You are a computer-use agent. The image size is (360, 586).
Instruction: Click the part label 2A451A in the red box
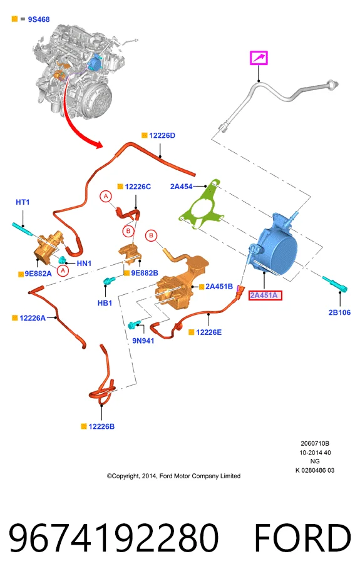click(x=265, y=296)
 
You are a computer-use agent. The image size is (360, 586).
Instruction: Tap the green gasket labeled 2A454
click(x=202, y=205)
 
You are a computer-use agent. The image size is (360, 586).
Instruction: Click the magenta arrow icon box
click(x=259, y=58)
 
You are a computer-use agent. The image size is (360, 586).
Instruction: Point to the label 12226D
click(x=162, y=135)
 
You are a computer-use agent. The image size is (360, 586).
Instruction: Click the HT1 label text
click(x=23, y=202)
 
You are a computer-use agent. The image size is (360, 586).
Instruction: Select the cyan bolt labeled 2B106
click(x=334, y=284)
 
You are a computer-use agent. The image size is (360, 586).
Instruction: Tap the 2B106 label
click(x=339, y=312)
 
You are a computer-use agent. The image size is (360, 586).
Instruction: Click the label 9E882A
click(x=38, y=274)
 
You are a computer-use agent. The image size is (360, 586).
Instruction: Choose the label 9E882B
click(x=144, y=273)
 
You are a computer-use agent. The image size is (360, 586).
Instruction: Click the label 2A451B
click(x=219, y=286)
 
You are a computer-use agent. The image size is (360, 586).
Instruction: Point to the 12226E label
click(x=208, y=332)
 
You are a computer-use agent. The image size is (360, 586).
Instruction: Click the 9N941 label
click(x=143, y=341)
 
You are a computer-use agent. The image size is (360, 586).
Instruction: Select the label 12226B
click(x=101, y=426)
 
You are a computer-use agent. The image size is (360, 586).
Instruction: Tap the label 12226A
click(x=33, y=318)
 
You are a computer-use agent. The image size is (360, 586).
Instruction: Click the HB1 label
click(x=105, y=303)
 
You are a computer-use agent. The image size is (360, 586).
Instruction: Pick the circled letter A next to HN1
click(x=63, y=270)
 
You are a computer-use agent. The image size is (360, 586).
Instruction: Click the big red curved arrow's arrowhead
click(x=98, y=144)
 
